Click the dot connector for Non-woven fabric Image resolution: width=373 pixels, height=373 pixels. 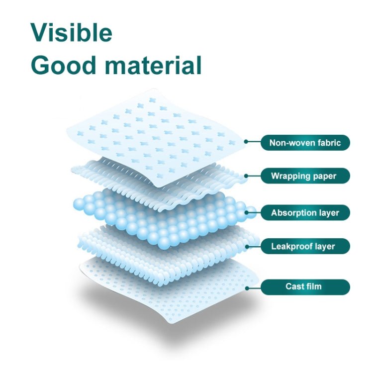coord(246,142)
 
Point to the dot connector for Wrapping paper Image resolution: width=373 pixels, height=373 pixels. coord(246,175)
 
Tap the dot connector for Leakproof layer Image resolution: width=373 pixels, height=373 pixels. coord(258,246)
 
